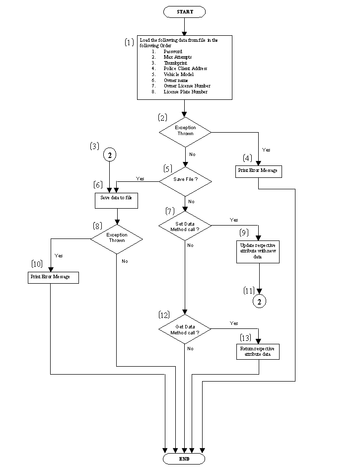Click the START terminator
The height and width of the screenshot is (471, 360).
click(x=184, y=11)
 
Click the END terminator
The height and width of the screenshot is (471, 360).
click(x=184, y=459)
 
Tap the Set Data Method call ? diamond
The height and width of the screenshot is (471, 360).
click(x=185, y=227)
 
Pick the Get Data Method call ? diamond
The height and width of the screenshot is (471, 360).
click(x=185, y=329)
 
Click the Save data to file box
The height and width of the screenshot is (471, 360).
click(x=116, y=200)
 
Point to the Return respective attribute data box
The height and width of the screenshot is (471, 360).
click(x=258, y=352)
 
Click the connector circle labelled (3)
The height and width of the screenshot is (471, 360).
click(x=110, y=155)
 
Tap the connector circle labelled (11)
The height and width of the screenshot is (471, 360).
click(x=258, y=301)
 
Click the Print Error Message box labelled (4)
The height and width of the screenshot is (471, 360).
click(x=258, y=171)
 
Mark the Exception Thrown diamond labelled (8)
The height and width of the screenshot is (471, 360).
click(x=116, y=238)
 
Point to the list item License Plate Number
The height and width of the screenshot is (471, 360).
click(x=185, y=92)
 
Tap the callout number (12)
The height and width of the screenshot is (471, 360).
click(x=164, y=315)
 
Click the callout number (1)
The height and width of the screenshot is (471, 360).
click(x=129, y=43)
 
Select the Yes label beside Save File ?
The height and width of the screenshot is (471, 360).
click(x=140, y=178)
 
